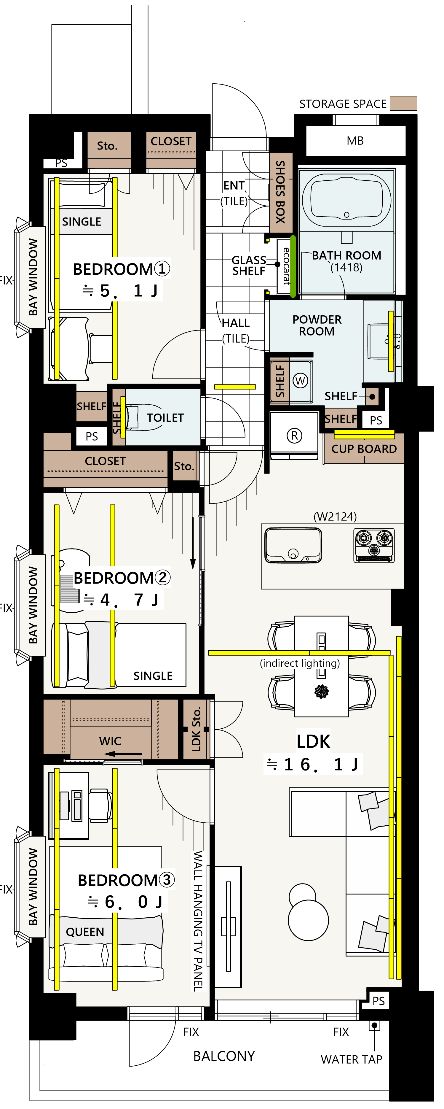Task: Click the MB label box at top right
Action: point(355,141)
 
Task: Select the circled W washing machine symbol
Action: point(300,381)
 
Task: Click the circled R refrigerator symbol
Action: point(294,436)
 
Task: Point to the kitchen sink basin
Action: point(293,545)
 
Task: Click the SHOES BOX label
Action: point(280,192)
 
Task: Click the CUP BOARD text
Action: point(364,449)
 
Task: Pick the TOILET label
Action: point(165,418)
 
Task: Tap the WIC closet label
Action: point(110,741)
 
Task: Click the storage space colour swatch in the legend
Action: point(403,103)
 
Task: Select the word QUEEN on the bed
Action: point(85,932)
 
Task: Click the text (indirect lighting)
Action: point(300,663)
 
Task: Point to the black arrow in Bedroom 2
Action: point(193,543)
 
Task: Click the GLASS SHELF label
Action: point(249,266)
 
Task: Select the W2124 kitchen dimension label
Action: point(335,516)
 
